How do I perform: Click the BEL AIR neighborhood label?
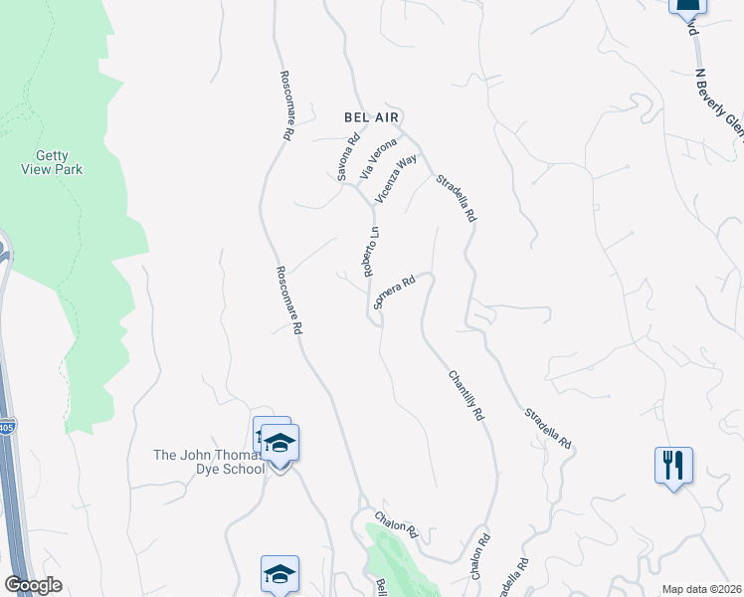pyautogui.click(x=370, y=116)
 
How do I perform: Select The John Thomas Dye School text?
pyautogui.click(x=208, y=462)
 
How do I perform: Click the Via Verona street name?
pyautogui.click(x=378, y=157)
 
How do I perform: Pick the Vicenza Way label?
pyautogui.click(x=395, y=179)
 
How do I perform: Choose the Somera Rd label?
pyautogui.click(x=393, y=293)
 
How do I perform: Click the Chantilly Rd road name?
pyautogui.click(x=465, y=394)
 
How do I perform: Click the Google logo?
pyautogui.click(x=33, y=585)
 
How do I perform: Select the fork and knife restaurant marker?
pyautogui.click(x=673, y=465)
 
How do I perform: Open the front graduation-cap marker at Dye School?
pyautogui.click(x=280, y=444)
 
